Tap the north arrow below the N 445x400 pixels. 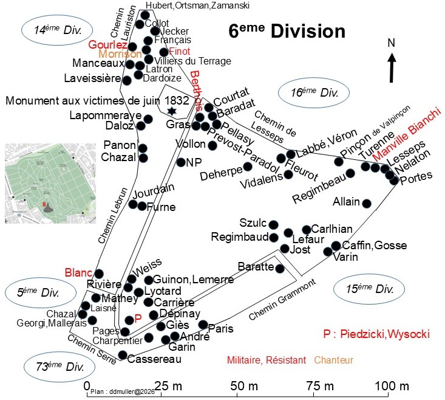click(x=392, y=67)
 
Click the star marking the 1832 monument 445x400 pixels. click(x=172, y=111)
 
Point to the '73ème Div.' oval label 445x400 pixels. click(x=60, y=367)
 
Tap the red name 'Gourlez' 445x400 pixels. click(x=107, y=46)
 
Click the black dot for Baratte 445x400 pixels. click(x=280, y=268)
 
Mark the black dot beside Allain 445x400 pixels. click(x=367, y=202)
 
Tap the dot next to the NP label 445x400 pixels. click(x=180, y=162)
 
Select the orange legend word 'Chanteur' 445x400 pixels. click(x=333, y=360)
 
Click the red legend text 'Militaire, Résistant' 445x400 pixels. click(x=266, y=360)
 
